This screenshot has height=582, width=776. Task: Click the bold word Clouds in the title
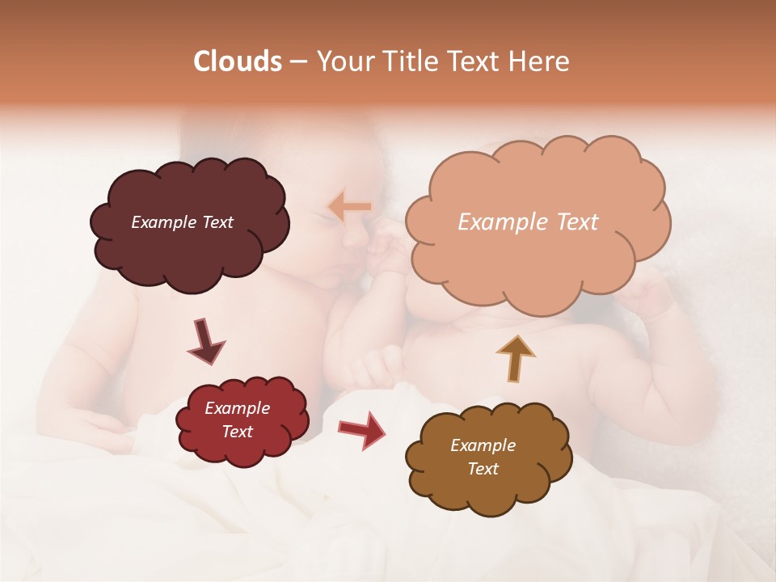(238, 61)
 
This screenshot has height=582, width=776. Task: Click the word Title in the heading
(409, 61)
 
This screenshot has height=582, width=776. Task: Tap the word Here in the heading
(541, 61)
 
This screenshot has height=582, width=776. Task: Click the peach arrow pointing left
(349, 206)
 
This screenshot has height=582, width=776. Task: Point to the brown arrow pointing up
(516, 358)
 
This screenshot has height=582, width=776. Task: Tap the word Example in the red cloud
(237, 408)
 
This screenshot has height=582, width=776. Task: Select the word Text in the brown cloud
(483, 469)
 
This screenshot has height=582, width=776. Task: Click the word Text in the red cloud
(237, 432)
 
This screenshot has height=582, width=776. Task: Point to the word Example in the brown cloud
(483, 445)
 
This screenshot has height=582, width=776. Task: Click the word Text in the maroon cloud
(216, 222)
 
